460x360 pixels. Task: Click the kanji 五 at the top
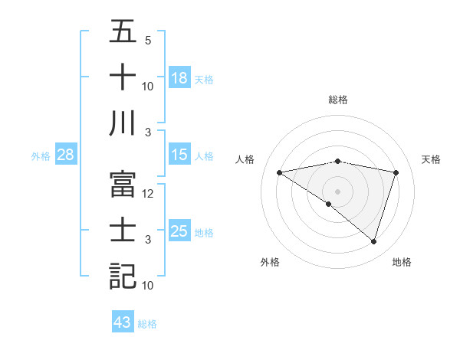pos(123,31)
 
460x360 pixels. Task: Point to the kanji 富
pos(123,185)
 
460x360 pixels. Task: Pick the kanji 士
pos(123,231)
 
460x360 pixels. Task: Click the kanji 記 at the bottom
pos(123,277)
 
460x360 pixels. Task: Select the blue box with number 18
pos(179,78)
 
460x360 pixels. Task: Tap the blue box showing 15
pos(179,155)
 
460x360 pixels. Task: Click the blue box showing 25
pos(179,231)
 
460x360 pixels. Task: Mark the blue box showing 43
pos(123,322)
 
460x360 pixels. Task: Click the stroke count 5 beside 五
pos(148,41)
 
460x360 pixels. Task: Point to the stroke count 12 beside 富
pos(149,194)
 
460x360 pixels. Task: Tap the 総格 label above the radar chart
pos(338,100)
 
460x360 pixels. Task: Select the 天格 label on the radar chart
pos(432,159)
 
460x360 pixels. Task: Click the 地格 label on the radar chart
pos(402,262)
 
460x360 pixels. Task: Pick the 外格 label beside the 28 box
pos(41,156)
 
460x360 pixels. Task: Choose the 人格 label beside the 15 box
pos(204,156)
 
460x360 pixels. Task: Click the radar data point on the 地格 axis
pos(374,242)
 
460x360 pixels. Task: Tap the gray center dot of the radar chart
pos(338,191)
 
